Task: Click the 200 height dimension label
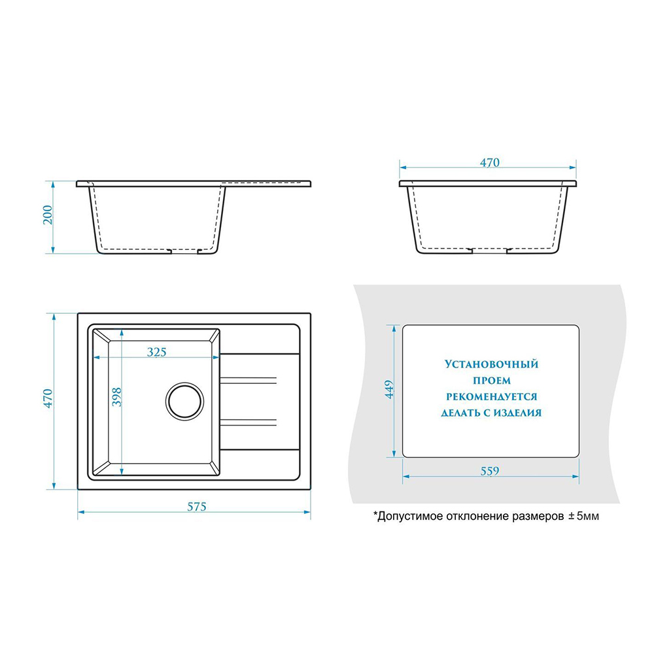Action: pos(48,215)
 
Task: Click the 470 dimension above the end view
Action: pos(489,163)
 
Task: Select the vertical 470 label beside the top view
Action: pos(48,398)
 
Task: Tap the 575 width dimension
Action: pos(196,507)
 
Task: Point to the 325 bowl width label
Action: pos(156,352)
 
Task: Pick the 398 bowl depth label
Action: pos(117,397)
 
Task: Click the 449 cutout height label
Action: pos(389,389)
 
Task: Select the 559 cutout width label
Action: pos(490,472)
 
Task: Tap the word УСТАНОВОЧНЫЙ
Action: pos(491,364)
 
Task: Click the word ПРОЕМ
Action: pos(491,381)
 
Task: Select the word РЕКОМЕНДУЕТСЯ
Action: pos(491,397)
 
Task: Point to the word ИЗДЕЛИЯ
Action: pos(517,413)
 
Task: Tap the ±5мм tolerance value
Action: pos(583,517)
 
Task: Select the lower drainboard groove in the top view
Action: pos(248,422)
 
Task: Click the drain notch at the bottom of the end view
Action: pos(489,250)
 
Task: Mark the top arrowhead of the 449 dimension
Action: pos(394,329)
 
